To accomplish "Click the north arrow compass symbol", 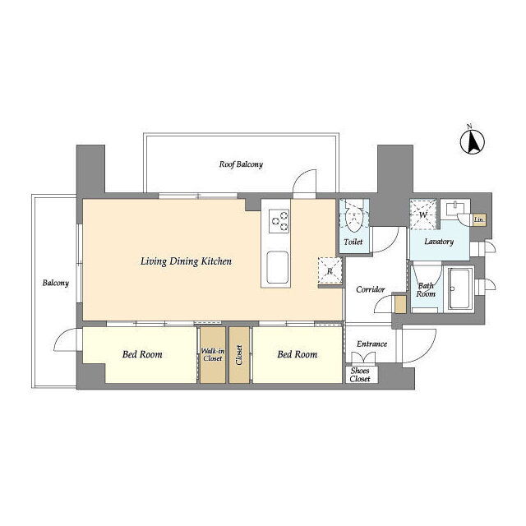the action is click(x=473, y=142).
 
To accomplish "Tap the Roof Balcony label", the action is click(x=241, y=164).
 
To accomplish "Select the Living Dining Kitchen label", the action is click(x=186, y=261).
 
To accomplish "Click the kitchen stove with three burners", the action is click(x=279, y=221).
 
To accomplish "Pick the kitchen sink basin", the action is click(x=277, y=267).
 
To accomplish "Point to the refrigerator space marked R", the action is click(x=330, y=271).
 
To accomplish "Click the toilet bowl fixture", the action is click(x=353, y=218).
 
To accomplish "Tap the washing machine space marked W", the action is click(x=423, y=215).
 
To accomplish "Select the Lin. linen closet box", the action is click(x=478, y=220).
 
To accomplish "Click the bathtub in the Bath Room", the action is click(x=459, y=289).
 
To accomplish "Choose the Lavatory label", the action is click(x=439, y=242).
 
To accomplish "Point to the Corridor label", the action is click(x=371, y=289).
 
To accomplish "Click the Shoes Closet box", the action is click(x=361, y=375).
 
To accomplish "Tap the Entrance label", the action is click(x=371, y=344).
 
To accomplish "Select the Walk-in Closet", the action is click(x=213, y=354).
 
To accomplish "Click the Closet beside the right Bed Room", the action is click(x=239, y=354).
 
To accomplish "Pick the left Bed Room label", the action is click(x=142, y=354).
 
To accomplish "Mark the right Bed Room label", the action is click(x=298, y=354).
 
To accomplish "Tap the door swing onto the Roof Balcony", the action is click(x=305, y=182).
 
